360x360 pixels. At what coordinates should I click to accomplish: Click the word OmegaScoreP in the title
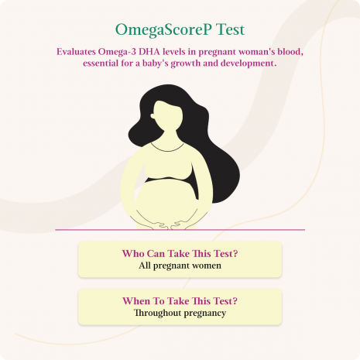[163, 29]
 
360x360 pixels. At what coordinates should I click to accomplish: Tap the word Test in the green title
[230, 29]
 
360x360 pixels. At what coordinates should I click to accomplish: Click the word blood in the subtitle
[290, 52]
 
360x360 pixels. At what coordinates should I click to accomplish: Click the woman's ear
[153, 116]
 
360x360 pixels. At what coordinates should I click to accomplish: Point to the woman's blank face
[168, 116]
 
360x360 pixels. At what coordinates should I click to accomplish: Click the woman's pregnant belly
[166, 200]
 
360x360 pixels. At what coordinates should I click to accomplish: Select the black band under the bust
[169, 180]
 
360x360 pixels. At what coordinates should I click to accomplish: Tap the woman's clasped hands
[168, 224]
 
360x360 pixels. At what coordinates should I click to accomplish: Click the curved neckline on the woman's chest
[167, 149]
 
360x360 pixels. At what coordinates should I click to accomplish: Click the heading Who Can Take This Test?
[180, 253]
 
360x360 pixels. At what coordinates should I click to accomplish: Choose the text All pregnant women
[180, 266]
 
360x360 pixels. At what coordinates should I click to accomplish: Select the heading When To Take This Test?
[180, 301]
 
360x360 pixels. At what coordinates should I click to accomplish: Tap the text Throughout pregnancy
[180, 313]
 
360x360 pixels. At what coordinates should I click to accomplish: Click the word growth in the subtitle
[186, 63]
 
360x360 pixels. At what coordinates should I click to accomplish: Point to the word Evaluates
[76, 52]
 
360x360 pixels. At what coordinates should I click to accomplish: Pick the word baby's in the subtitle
[156, 63]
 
